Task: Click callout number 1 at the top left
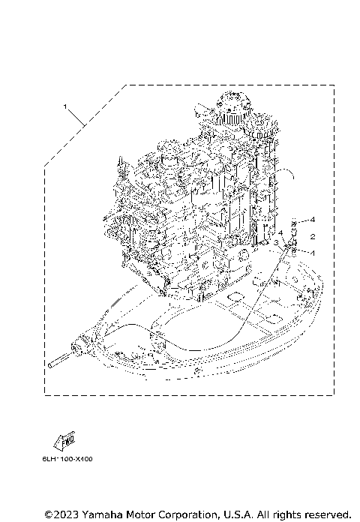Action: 66,107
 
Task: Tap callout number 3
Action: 277,243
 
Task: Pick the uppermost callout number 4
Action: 313,220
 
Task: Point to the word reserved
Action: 325,514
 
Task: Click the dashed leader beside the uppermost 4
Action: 304,220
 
